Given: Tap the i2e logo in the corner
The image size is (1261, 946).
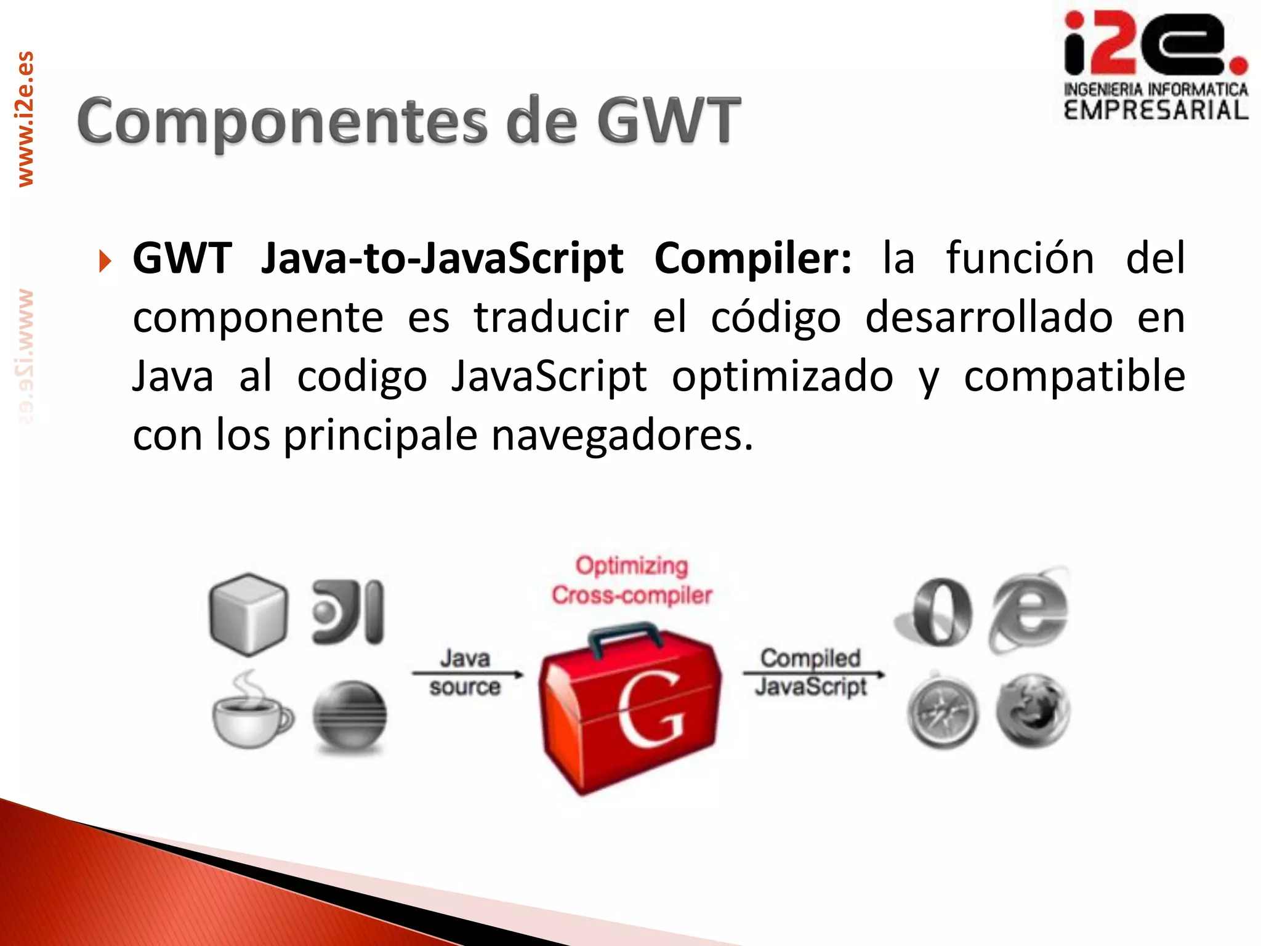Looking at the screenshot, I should tap(1155, 65).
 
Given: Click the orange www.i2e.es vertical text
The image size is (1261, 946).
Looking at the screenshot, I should tap(26, 119).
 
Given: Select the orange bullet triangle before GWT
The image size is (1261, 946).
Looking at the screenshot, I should tap(105, 261).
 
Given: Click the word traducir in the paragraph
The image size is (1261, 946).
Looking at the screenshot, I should tap(551, 318).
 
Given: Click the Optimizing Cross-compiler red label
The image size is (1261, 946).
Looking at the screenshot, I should tap(632, 581).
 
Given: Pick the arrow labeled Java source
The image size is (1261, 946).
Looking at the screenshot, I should tap(467, 674).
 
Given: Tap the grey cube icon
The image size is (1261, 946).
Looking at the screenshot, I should tap(248, 613).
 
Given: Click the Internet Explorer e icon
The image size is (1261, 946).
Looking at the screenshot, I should tap(1029, 610).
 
